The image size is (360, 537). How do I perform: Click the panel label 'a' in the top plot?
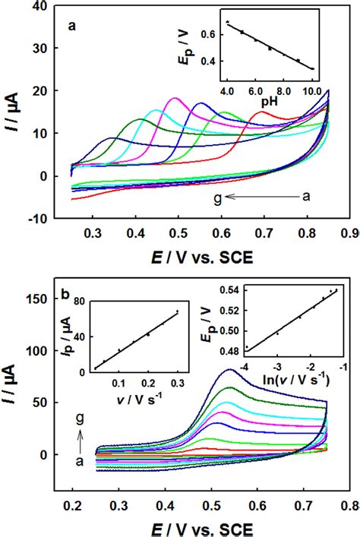point(72,25)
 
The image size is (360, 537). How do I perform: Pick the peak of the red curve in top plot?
point(262,112)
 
